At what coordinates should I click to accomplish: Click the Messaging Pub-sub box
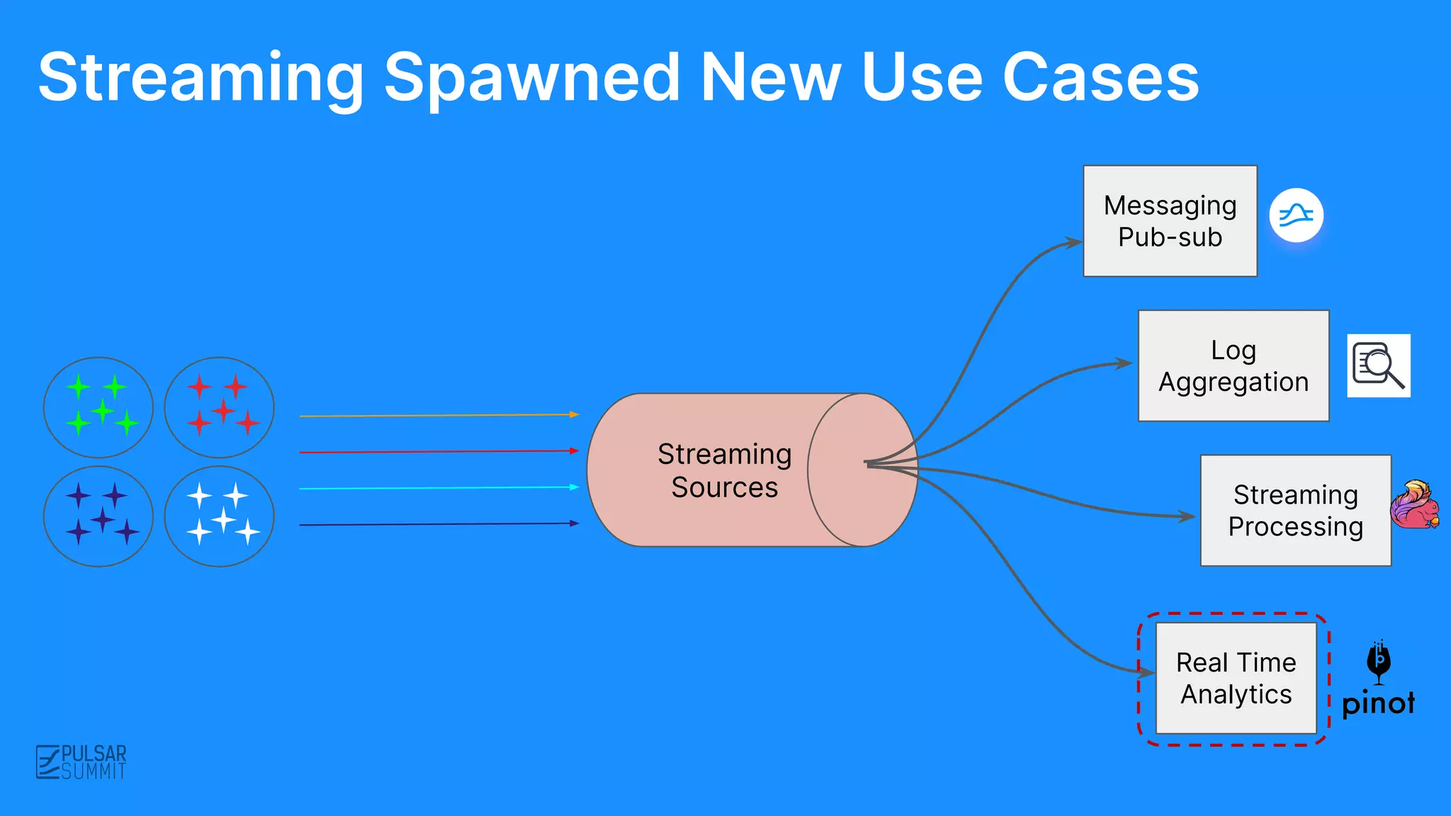(1170, 221)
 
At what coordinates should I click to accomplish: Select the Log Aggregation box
(1233, 365)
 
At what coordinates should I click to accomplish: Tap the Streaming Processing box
(1295, 510)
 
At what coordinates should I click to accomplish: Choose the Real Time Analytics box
(1236, 678)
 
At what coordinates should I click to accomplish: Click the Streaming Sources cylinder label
(724, 470)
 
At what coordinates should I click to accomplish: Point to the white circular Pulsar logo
(1296, 215)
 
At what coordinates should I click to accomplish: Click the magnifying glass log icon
(1378, 365)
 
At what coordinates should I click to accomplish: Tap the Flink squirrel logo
(1414, 505)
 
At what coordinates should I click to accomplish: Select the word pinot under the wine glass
(1378, 703)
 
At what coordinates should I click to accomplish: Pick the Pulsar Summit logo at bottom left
(81, 762)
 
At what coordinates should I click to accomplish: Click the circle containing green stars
(98, 407)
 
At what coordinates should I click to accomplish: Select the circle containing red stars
(220, 407)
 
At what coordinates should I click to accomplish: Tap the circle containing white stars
(220, 516)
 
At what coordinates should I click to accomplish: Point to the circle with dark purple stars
(98, 516)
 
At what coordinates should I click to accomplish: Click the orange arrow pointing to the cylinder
(439, 415)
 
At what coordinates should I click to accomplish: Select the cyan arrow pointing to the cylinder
(439, 487)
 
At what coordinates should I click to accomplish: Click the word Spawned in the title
(531, 78)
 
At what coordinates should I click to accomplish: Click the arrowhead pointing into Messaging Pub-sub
(1074, 243)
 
